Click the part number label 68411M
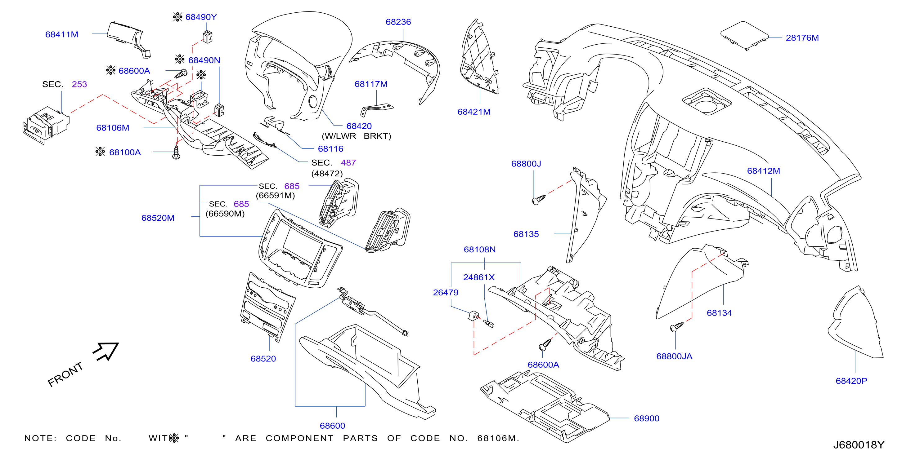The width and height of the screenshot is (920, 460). [61, 35]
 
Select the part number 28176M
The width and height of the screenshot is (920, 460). [802, 38]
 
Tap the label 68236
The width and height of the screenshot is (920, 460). [398, 22]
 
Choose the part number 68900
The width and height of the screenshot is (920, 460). [646, 418]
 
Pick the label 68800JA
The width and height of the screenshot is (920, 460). [674, 356]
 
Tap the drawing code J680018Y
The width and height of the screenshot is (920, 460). [859, 445]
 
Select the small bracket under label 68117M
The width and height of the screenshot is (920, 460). [377, 109]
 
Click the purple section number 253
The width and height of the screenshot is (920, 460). [79, 85]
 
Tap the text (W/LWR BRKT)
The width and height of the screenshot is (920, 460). [357, 136]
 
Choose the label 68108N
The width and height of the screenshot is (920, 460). [480, 250]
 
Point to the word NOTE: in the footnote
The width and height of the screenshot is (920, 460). [40, 439]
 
